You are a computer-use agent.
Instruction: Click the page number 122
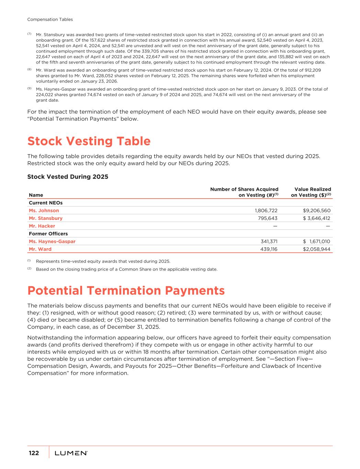(34, 453)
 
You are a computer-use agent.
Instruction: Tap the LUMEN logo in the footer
(71, 453)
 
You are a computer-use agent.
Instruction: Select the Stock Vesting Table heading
(89, 141)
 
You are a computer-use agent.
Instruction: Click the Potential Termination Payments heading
(126, 291)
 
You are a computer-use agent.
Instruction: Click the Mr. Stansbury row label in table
(46, 218)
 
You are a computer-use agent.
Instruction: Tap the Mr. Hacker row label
(42, 226)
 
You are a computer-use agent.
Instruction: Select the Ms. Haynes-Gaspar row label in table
(52, 242)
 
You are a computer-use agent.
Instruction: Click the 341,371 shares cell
(269, 242)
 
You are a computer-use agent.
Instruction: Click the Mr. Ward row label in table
(40, 249)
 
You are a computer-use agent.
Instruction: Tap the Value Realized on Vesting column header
(311, 192)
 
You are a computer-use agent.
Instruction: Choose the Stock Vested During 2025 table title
(68, 177)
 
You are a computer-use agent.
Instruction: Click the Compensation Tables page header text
(50, 20)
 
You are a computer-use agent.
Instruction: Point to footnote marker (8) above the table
(29, 69)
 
